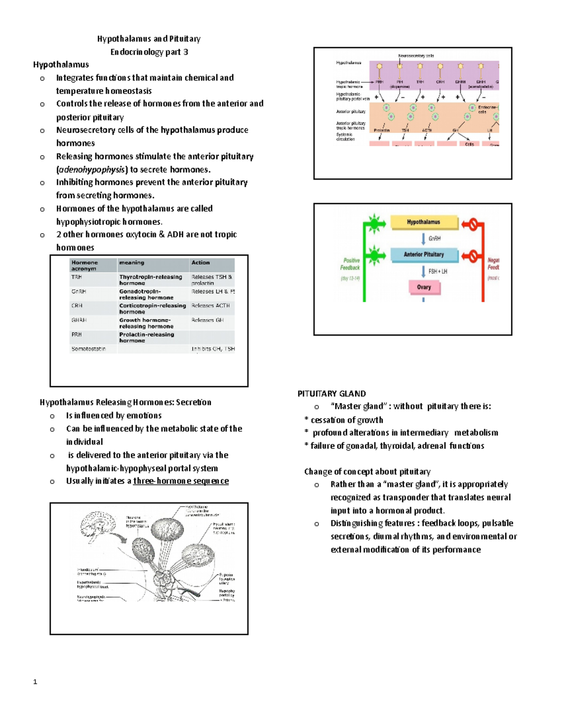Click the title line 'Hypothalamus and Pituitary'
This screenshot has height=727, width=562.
[148, 39]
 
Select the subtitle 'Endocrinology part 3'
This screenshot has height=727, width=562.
[149, 52]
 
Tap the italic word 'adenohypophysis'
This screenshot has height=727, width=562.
[91, 169]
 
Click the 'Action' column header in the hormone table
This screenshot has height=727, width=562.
[200, 263]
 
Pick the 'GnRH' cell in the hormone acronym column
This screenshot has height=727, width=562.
[79, 292]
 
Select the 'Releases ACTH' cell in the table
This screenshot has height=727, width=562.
[210, 306]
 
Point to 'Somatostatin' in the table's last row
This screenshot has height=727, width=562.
[89, 349]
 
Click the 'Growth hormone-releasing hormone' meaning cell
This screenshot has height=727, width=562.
[146, 323]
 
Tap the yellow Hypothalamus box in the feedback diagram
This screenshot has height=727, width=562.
[423, 222]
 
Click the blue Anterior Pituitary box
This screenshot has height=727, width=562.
[423, 255]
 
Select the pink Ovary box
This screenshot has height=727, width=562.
[423, 287]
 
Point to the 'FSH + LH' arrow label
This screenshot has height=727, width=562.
[437, 272]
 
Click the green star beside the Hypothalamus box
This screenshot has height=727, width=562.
[374, 223]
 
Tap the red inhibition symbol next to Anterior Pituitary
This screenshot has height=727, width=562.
[472, 256]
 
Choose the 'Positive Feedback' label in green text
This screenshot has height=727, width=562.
[350, 264]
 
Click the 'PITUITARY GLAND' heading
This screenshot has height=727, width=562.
[332, 394]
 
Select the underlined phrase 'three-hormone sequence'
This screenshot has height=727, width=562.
[181, 481]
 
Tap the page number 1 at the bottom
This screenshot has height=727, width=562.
[35, 682]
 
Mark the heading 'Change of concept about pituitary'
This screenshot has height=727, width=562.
[367, 472]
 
